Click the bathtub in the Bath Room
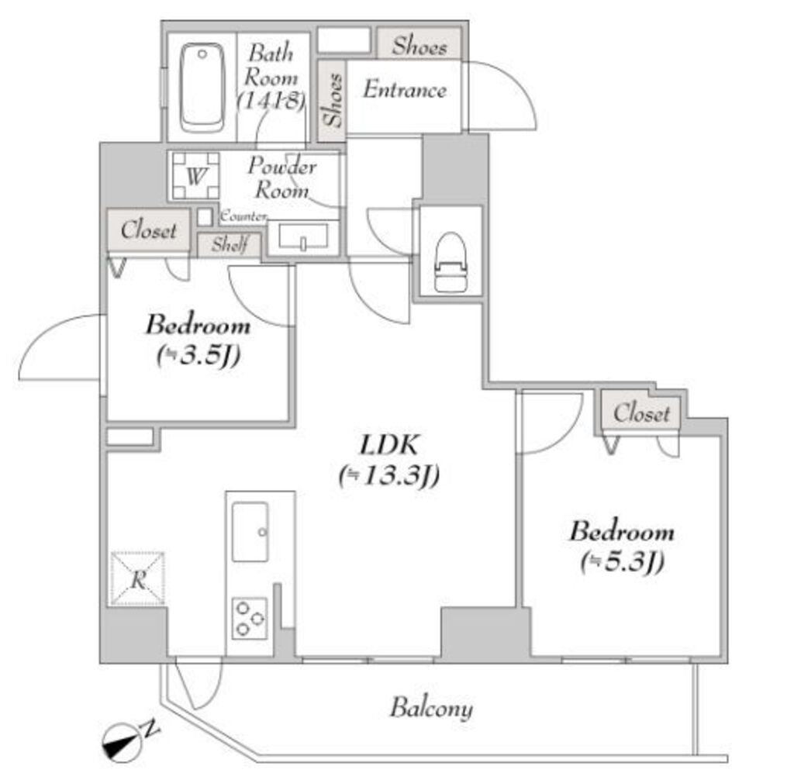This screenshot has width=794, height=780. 202,88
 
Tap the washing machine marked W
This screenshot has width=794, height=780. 195,175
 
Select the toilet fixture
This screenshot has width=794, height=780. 451,262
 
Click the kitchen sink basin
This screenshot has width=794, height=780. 250,532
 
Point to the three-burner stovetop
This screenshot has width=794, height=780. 250,618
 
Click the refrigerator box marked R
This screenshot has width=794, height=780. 138,578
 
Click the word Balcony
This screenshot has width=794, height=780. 431,708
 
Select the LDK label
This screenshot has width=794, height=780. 389,445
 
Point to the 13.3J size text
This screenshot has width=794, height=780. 389,475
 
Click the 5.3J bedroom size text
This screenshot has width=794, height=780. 623,562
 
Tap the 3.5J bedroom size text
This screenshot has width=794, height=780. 198,355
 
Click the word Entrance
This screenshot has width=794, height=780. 405,90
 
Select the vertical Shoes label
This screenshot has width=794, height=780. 333,100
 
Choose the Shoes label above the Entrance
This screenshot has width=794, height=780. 419,46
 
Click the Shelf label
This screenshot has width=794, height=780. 230,245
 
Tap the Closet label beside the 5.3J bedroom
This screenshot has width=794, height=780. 641,413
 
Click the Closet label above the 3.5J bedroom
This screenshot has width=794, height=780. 148,230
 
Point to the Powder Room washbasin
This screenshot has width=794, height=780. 303,237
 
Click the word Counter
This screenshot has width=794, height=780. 243,216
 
